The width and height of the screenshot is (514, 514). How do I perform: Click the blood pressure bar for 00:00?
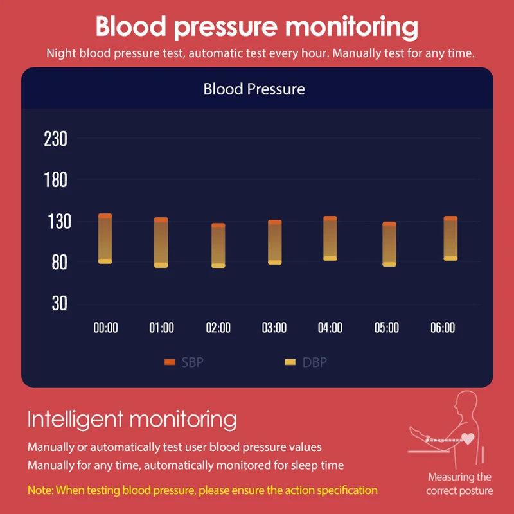click(105, 238)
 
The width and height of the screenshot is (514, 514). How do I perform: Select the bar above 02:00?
click(218, 245)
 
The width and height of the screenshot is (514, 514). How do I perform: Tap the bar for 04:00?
click(330, 238)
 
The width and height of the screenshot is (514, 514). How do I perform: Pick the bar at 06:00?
click(450, 238)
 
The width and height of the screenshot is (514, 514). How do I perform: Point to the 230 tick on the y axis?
click(55, 139)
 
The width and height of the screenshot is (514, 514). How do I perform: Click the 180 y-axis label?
click(55, 180)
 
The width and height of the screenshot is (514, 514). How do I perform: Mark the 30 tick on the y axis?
click(59, 303)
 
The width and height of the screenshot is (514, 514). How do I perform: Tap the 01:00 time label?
click(161, 328)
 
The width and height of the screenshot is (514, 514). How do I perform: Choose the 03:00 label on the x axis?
click(274, 328)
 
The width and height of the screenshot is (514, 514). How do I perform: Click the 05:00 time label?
click(386, 328)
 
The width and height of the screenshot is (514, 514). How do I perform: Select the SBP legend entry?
click(184, 362)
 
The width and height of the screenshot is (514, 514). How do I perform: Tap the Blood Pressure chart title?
click(254, 89)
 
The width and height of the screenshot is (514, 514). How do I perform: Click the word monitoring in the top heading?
click(351, 28)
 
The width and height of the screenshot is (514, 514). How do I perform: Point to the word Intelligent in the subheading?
click(75, 420)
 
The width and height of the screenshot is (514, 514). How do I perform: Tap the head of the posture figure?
click(464, 403)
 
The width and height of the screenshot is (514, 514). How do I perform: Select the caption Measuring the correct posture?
click(459, 484)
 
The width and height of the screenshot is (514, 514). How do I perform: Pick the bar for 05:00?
click(389, 244)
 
